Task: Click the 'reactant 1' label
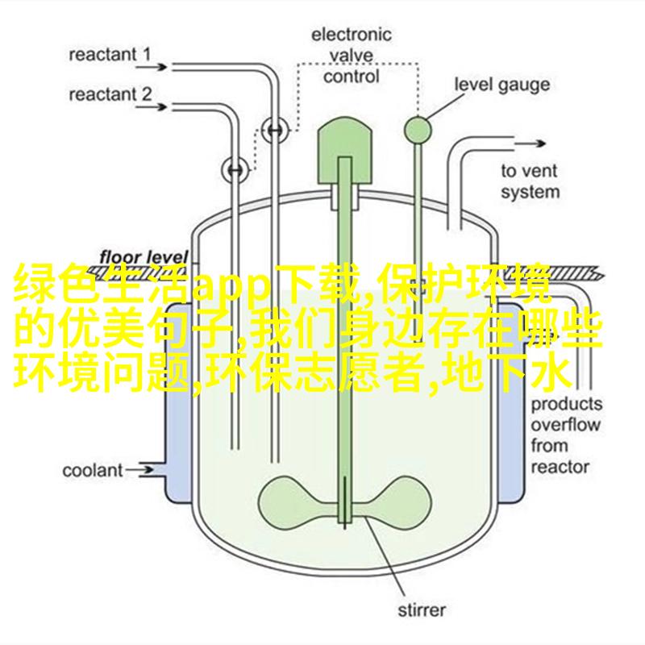(x=110, y=55)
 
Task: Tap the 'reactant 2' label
(x=110, y=94)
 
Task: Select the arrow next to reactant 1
(x=152, y=67)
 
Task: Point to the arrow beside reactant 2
(x=152, y=107)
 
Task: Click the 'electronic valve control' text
(x=351, y=56)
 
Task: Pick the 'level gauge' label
(x=501, y=85)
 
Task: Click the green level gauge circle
(x=418, y=131)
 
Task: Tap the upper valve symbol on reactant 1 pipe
(x=275, y=131)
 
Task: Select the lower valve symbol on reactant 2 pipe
(x=235, y=169)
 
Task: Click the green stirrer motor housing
(x=345, y=151)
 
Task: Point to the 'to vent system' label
(x=531, y=181)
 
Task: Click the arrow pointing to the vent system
(x=529, y=144)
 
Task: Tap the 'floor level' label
(x=144, y=257)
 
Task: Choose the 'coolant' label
(x=93, y=471)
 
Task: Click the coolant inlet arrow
(x=139, y=470)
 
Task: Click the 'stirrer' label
(x=421, y=610)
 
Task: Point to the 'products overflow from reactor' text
(x=566, y=435)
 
